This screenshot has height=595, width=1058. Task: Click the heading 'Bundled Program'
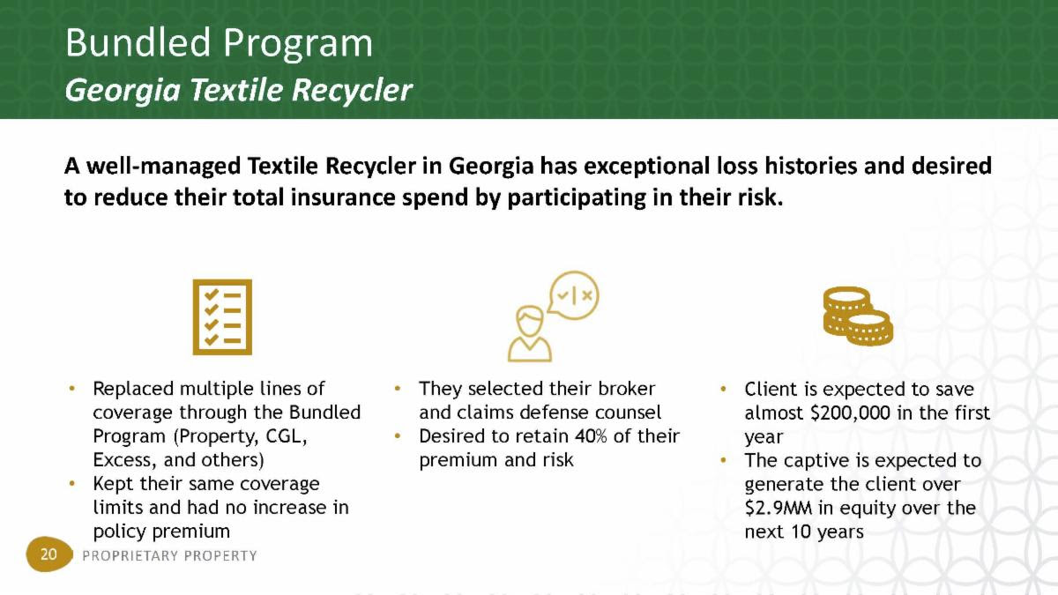(219, 44)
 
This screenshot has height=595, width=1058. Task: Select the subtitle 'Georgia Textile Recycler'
(239, 90)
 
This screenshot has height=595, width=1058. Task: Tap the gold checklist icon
(222, 316)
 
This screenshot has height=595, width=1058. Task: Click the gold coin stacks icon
(858, 316)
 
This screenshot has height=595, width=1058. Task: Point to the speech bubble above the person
(573, 295)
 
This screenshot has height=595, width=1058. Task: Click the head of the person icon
(530, 322)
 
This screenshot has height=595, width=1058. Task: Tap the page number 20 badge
(48, 554)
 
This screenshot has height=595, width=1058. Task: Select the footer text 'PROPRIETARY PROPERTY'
(169, 555)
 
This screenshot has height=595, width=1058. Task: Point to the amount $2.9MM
(778, 508)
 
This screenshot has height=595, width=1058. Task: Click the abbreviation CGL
(287, 435)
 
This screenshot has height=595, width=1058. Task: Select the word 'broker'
(626, 389)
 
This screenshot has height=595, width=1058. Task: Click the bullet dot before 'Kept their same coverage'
(71, 484)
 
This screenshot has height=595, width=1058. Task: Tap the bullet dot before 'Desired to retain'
(398, 435)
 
